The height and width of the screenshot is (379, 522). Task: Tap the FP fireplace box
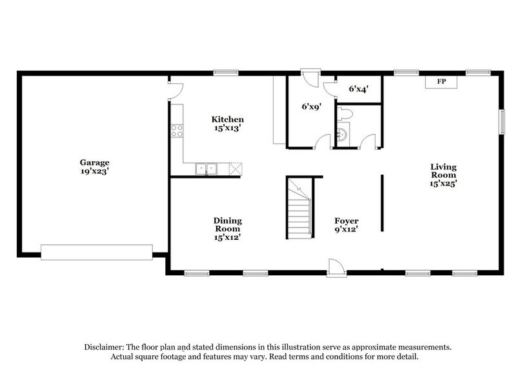441,82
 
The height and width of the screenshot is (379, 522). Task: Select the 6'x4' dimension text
358,90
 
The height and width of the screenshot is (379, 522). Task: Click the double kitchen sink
207,169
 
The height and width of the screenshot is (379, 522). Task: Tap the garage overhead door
96,251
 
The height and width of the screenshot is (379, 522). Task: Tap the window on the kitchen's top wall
223,72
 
